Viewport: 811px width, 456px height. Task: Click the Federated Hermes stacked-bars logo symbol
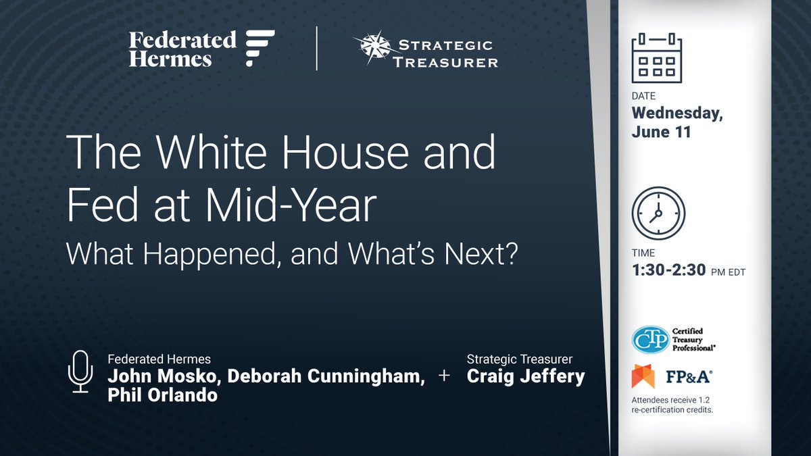pos(260,48)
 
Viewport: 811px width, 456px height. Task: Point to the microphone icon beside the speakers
pos(80,372)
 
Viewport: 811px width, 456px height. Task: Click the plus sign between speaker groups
pos(444,376)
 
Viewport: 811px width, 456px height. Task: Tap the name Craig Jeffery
pos(525,376)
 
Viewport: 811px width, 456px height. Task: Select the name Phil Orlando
pos(162,395)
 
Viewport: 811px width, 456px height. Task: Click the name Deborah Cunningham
pos(326,377)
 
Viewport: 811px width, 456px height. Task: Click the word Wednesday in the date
pos(677,113)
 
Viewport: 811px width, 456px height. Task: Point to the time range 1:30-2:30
pos(669,271)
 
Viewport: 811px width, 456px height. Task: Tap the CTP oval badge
pos(650,339)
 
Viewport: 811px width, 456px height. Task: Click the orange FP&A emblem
pos(643,376)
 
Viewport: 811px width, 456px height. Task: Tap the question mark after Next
pos(508,256)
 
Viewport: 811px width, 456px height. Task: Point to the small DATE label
pos(643,96)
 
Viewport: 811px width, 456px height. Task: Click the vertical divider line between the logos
pos(317,49)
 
